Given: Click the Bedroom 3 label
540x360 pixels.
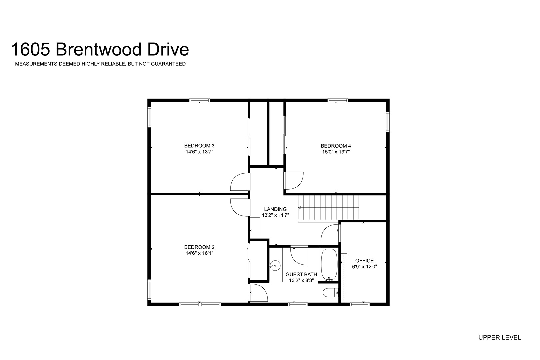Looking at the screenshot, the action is tap(199, 146).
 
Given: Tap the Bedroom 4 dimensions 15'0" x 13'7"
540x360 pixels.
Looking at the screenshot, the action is tap(336, 152).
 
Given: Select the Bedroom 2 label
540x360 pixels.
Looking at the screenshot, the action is tap(199, 247).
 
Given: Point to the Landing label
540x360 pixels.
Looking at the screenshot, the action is tap(275, 209).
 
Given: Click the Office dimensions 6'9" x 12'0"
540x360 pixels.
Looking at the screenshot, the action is tap(364, 267).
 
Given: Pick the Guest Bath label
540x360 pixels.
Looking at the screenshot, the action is tap(301, 274).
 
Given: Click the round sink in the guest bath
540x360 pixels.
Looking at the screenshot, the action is tap(275, 266).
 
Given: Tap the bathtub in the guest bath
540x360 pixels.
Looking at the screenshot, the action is tap(329, 265).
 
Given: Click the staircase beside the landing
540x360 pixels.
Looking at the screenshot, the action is tap(328, 208).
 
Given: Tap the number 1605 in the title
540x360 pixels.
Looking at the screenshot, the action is tap(31, 49).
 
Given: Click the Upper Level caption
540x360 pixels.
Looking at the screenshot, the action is tap(499, 338).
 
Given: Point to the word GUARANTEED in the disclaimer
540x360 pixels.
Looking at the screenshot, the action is tap(168, 64).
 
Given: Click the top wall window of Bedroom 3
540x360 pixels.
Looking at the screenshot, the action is tap(199, 100).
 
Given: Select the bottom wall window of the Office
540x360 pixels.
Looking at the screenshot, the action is tap(359, 304).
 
